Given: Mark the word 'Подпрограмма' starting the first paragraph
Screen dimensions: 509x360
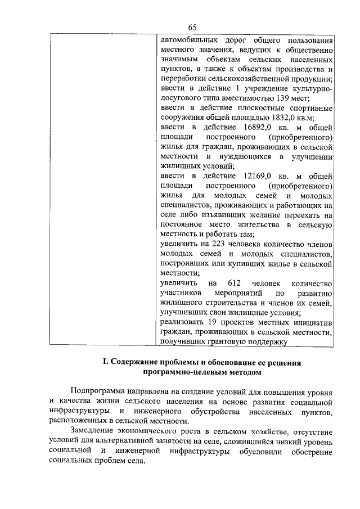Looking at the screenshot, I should (98, 392).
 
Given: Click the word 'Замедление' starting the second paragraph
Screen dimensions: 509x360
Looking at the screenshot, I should (93, 431).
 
